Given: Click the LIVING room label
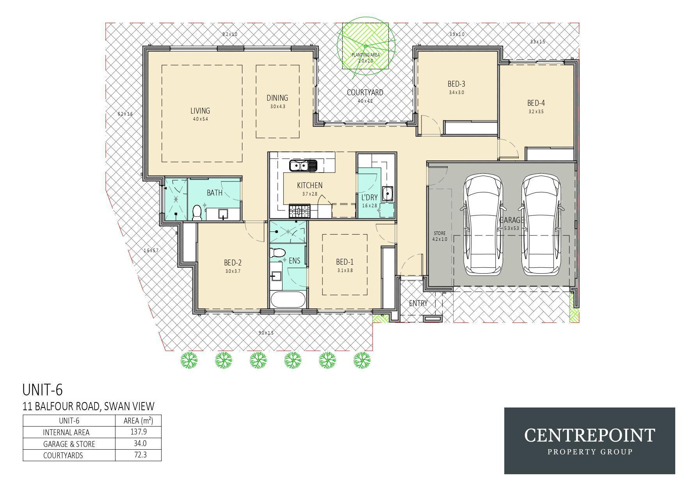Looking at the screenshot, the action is click(x=200, y=111).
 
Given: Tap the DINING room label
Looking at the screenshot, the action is click(x=277, y=98).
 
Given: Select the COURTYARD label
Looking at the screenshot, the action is click(x=365, y=93).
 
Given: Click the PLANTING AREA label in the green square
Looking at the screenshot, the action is click(x=366, y=55).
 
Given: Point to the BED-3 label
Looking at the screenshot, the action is click(x=456, y=84).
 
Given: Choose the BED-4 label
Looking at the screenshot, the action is click(x=536, y=103).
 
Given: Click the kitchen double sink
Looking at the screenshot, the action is click(x=303, y=166).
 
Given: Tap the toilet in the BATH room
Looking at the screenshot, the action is click(x=197, y=212).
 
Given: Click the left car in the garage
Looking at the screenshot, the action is click(x=483, y=224).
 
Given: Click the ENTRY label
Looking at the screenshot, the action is click(x=418, y=303).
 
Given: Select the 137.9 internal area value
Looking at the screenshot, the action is click(x=138, y=432).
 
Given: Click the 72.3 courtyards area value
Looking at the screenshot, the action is click(x=138, y=455).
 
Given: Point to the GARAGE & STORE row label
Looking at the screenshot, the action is click(x=69, y=444).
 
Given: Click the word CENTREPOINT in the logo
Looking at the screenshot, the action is click(x=589, y=435).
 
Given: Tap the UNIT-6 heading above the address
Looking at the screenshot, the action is click(x=43, y=390).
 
